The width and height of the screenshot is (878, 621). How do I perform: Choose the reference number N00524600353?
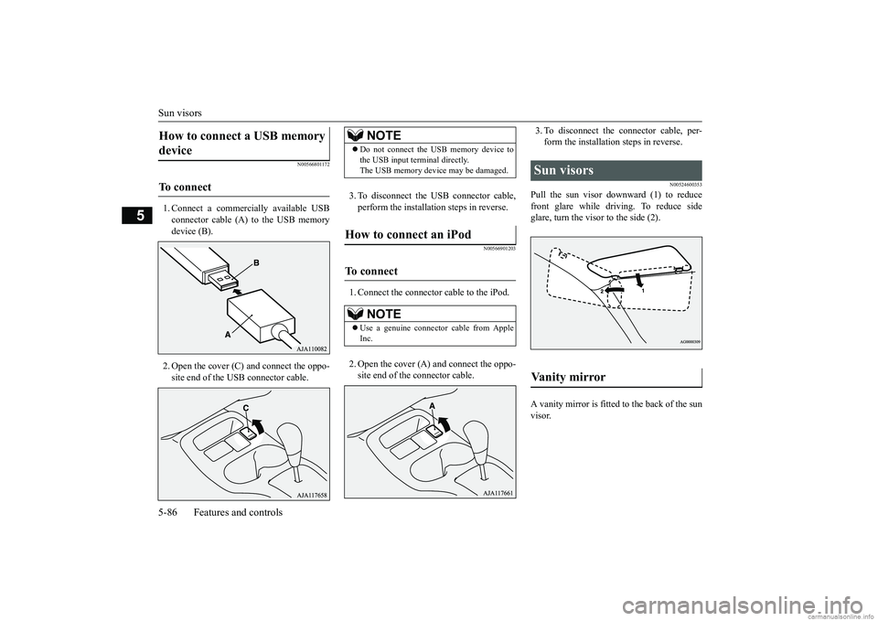click(680, 185)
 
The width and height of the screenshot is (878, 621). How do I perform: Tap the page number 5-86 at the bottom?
click(168, 512)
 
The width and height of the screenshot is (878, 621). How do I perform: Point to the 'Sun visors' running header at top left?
click(180, 112)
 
